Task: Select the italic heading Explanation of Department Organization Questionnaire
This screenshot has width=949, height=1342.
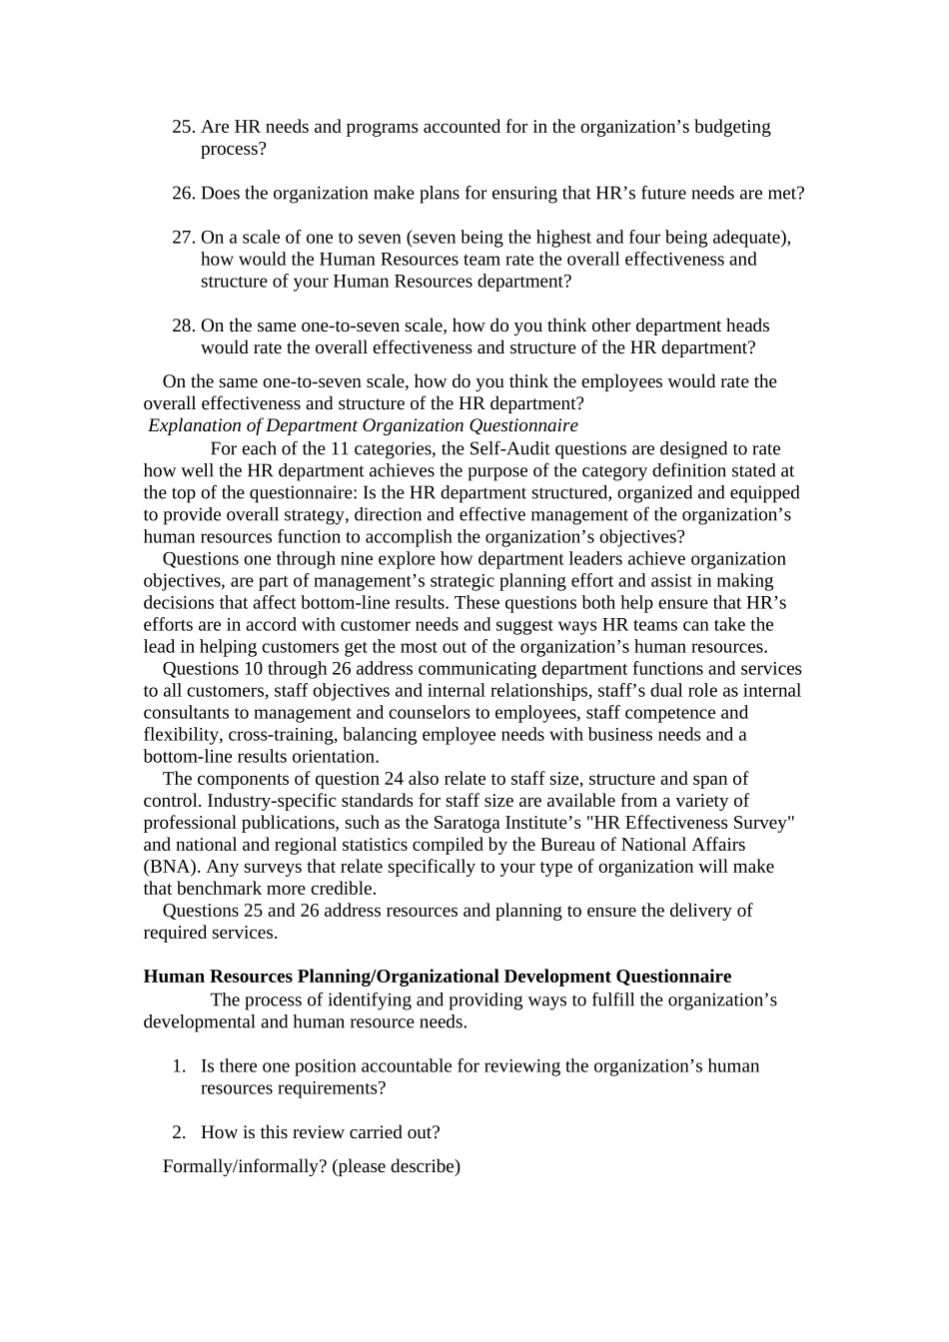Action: point(363,425)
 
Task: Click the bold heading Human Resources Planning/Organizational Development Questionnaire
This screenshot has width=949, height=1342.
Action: point(437,977)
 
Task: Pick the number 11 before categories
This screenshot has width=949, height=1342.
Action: point(339,449)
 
